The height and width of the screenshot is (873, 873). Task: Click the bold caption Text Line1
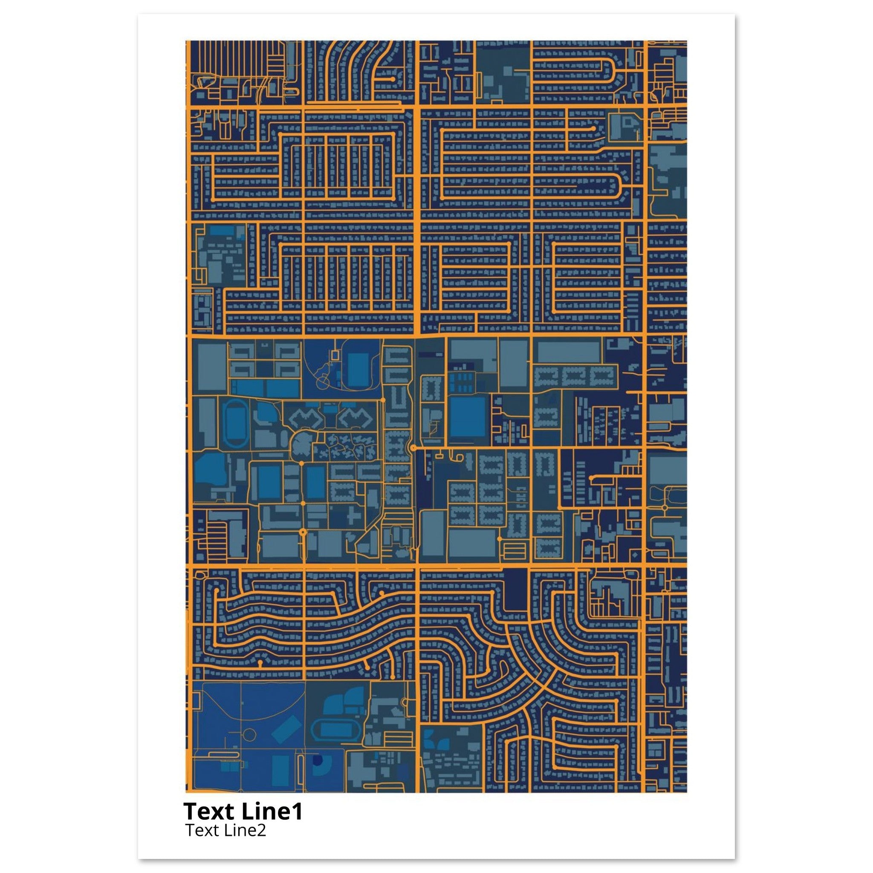click(243, 812)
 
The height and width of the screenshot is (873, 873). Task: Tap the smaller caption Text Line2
click(225, 830)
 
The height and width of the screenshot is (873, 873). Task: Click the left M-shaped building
click(307, 419)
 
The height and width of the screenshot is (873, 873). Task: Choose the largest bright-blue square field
click(468, 417)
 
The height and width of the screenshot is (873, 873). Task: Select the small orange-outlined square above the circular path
click(334, 355)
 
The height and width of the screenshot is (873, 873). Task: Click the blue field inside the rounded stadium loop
click(358, 370)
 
